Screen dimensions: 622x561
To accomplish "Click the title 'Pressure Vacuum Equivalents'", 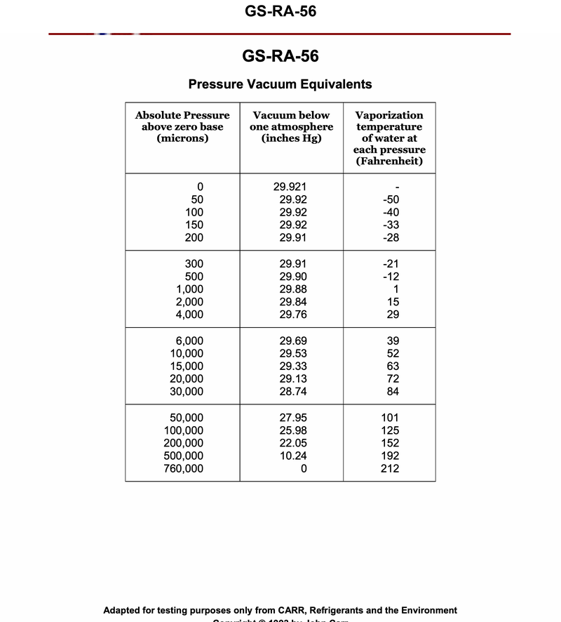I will pyautogui.click(x=280, y=84).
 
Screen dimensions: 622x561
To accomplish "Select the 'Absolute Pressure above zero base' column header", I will pyautogui.click(x=182, y=126).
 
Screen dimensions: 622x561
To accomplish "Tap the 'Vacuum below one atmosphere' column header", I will pyautogui.click(x=291, y=126).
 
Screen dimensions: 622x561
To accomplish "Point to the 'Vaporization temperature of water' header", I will pyautogui.click(x=389, y=138).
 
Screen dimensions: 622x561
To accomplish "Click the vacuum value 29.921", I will pyautogui.click(x=290, y=187).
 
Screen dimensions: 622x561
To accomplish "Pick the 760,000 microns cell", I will pyautogui.click(x=183, y=468).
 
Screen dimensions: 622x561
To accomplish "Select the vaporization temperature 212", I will pyautogui.click(x=389, y=468).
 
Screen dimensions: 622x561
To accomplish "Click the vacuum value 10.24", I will pyautogui.click(x=292, y=456).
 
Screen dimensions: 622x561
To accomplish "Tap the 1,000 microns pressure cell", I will pyautogui.click(x=189, y=289).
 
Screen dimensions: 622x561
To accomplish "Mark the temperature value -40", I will pyautogui.click(x=391, y=212).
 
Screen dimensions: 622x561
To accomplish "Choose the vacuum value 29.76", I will pyautogui.click(x=292, y=315).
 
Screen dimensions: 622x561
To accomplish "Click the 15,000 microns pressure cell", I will pyautogui.click(x=186, y=366).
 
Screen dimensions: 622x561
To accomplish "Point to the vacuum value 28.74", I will pyautogui.click(x=292, y=392).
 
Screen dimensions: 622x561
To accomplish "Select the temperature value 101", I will pyautogui.click(x=389, y=418).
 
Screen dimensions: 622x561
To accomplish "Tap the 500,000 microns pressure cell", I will pyautogui.click(x=183, y=456).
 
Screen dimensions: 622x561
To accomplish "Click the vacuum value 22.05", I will pyautogui.click(x=292, y=443).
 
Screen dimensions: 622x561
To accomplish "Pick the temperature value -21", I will pyautogui.click(x=391, y=264).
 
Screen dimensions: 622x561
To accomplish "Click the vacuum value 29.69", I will pyautogui.click(x=292, y=340).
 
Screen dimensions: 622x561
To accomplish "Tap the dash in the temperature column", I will pyautogui.click(x=397, y=187).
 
